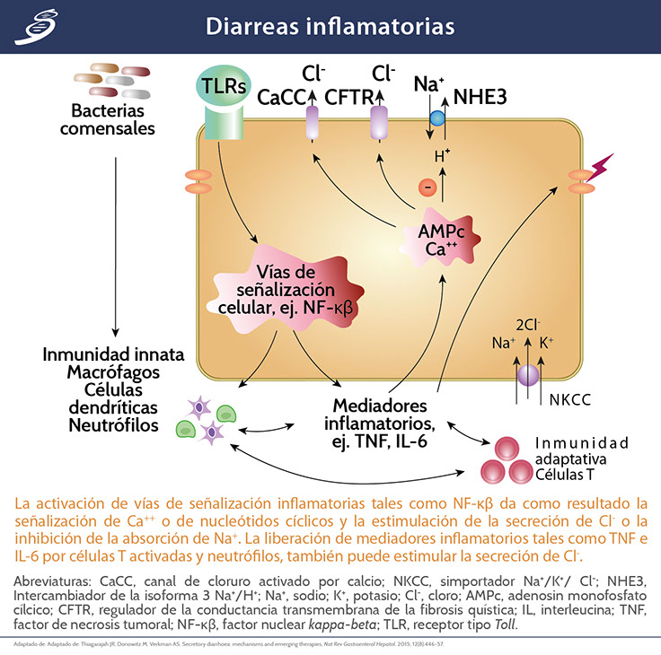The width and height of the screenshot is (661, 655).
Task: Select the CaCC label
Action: (x=282, y=96)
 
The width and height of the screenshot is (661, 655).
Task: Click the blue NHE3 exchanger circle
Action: (x=437, y=118)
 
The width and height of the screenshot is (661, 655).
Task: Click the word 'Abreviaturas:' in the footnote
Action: (x=55, y=581)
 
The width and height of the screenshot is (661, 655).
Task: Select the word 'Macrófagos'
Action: (x=114, y=371)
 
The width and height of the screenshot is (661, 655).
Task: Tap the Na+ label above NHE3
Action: (x=428, y=83)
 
